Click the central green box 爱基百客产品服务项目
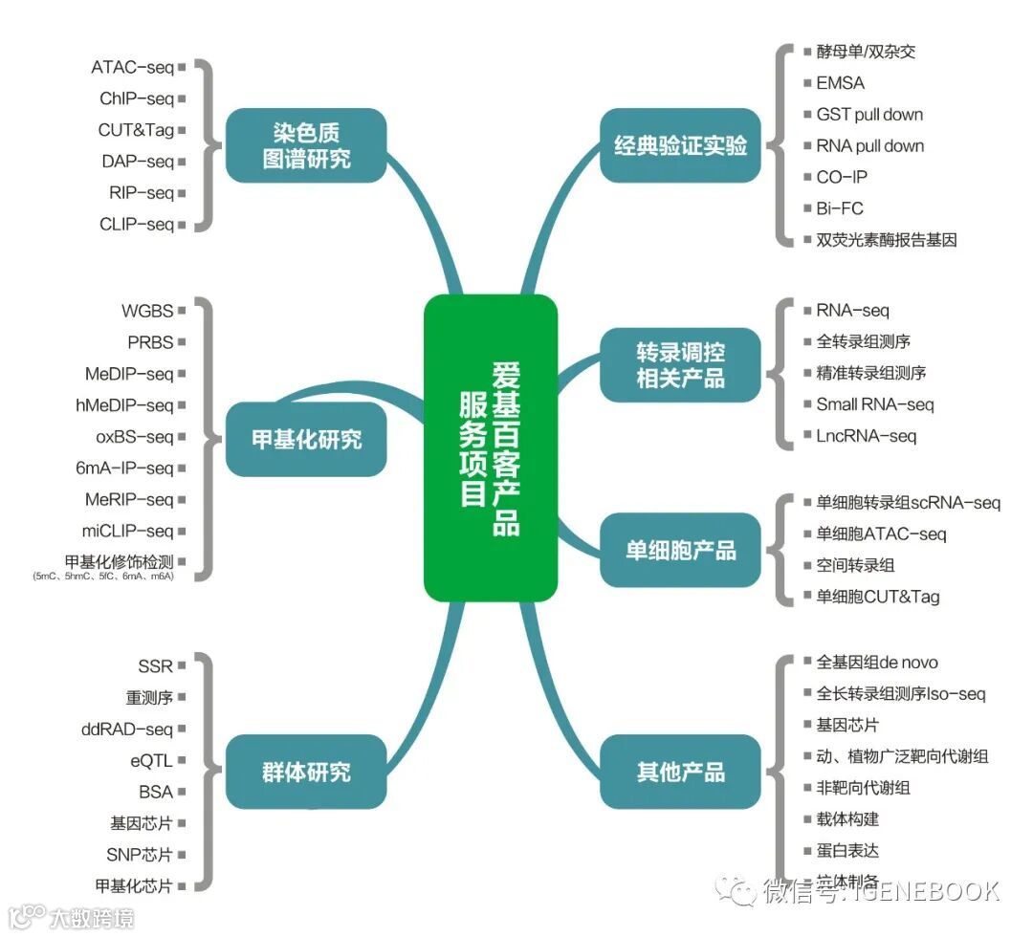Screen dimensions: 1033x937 click(x=490, y=447)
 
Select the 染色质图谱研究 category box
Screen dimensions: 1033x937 click(x=306, y=145)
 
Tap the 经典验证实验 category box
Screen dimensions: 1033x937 click(x=680, y=146)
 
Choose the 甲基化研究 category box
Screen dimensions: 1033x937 click(x=306, y=440)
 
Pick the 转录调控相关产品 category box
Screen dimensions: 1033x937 click(x=680, y=364)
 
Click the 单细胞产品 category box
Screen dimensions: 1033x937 click(x=680, y=551)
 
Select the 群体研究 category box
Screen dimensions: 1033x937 click(x=306, y=772)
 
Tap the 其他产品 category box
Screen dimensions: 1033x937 click(x=680, y=772)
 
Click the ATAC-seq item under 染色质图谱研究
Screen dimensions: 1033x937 click(x=132, y=67)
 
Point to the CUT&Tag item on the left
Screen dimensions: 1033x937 click(x=136, y=130)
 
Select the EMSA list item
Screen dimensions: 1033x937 click(x=840, y=83)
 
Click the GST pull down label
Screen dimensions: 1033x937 click(x=869, y=115)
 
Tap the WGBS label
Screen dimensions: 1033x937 click(x=147, y=311)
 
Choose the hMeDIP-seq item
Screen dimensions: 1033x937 click(x=124, y=405)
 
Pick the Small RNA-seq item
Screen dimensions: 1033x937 click(x=874, y=404)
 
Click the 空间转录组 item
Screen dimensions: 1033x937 click(x=855, y=565)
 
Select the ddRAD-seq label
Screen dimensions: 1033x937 click(x=127, y=730)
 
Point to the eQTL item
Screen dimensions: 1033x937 click(x=152, y=761)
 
